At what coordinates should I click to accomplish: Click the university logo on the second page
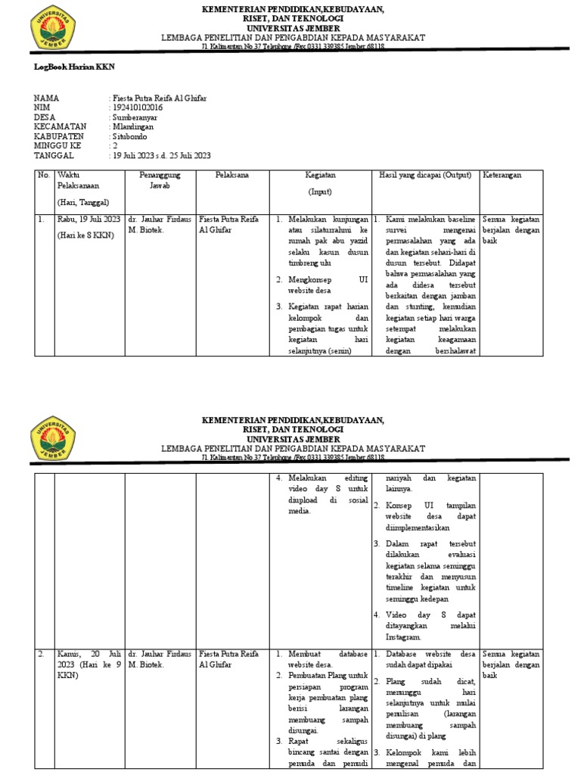coord(52,438)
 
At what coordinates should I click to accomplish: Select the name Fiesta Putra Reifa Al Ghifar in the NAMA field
coord(161,98)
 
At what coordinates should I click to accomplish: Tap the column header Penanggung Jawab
coord(160,179)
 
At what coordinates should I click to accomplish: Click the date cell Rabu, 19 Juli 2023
coord(89,219)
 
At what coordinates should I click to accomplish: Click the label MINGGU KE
coord(60,146)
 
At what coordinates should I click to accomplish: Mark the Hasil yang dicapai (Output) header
coord(425,175)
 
